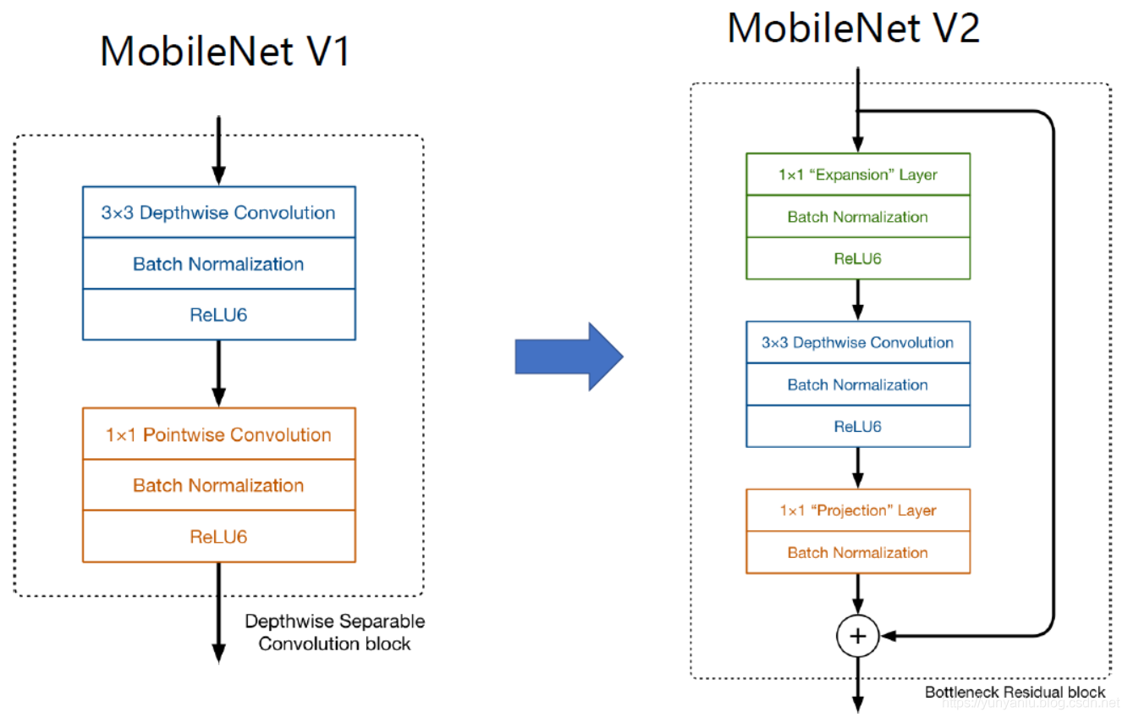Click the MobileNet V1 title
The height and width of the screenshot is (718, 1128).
tap(224, 52)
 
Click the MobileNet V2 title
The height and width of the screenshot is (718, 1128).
tap(853, 29)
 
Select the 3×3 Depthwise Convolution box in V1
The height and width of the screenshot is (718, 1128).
tap(218, 213)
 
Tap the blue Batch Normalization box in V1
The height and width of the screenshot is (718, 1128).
tap(218, 264)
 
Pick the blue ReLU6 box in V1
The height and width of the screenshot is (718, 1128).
tap(218, 315)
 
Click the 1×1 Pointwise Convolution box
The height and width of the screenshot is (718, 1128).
tap(218, 434)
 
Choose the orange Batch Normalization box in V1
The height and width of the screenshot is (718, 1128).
tap(218, 485)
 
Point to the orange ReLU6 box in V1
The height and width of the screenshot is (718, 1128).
tap(218, 537)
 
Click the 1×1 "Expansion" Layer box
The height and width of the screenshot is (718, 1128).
tap(857, 174)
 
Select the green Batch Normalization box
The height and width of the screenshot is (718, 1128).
tap(857, 217)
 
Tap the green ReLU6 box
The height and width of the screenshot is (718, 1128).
tap(857, 258)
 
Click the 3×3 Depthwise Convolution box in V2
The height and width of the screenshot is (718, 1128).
tap(857, 342)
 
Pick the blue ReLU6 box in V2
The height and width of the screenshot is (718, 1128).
tap(857, 426)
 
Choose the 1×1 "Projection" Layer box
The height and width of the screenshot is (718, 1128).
tap(857, 511)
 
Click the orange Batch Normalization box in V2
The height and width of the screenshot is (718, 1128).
tap(857, 553)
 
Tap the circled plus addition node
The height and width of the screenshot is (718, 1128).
tap(858, 636)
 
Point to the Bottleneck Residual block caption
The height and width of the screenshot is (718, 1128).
tap(1015, 692)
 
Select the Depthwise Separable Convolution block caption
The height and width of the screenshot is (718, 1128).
tap(334, 632)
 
